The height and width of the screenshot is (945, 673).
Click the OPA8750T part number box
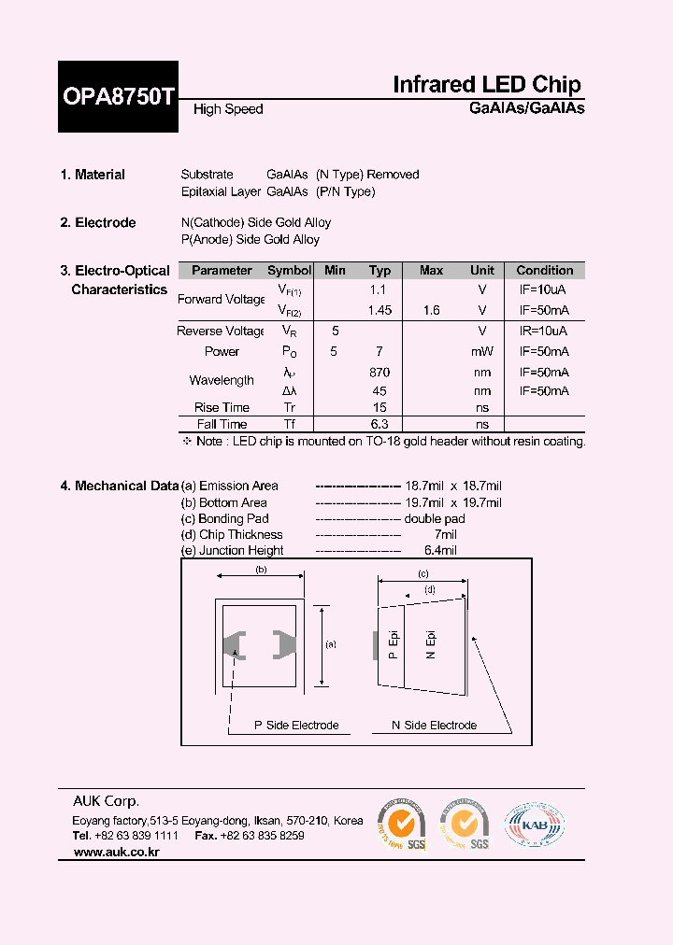119,96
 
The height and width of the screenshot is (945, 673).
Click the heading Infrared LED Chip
486,85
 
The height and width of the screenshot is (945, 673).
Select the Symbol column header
290,271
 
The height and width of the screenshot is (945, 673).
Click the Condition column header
545,271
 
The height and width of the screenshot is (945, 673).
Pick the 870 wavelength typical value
379,373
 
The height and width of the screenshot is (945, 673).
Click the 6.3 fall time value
379,425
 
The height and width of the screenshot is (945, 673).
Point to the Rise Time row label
222,408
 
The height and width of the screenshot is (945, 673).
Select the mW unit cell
482,352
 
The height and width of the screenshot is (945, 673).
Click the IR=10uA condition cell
544,331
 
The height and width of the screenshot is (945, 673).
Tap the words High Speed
228,109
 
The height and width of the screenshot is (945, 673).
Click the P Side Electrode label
296,726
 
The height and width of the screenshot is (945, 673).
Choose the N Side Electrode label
434,726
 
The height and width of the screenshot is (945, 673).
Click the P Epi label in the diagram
394,645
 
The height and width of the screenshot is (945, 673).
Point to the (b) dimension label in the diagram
262,569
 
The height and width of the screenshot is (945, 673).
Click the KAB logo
535,825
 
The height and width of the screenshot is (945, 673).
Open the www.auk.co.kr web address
116,853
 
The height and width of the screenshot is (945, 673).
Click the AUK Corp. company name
107,801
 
